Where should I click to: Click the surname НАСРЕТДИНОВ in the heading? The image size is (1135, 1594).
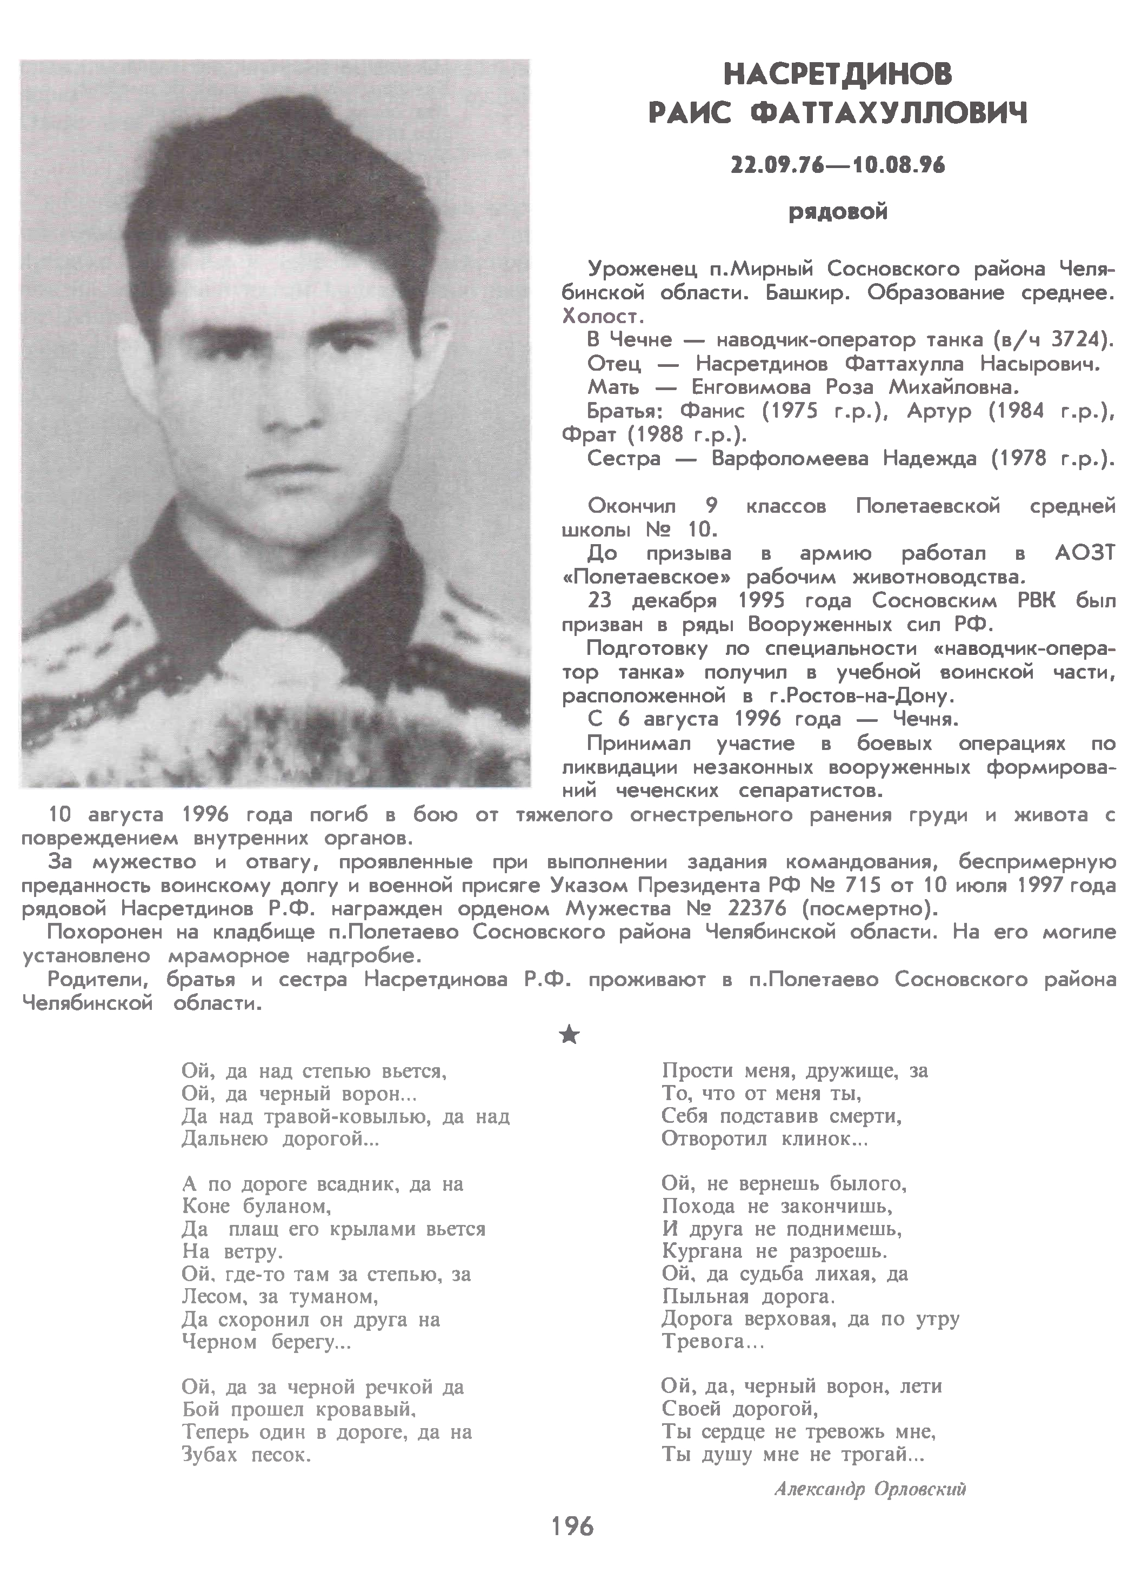click(838, 73)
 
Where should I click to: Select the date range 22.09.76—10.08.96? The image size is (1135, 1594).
click(838, 165)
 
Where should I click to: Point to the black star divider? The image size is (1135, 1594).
click(570, 1035)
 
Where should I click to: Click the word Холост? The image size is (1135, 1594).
click(602, 317)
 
